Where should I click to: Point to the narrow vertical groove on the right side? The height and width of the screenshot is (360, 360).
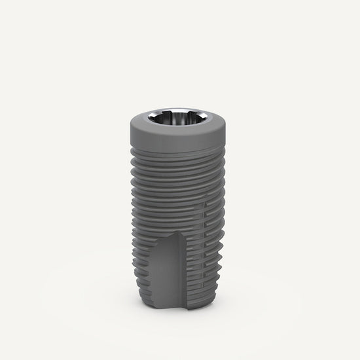point(209,249)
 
